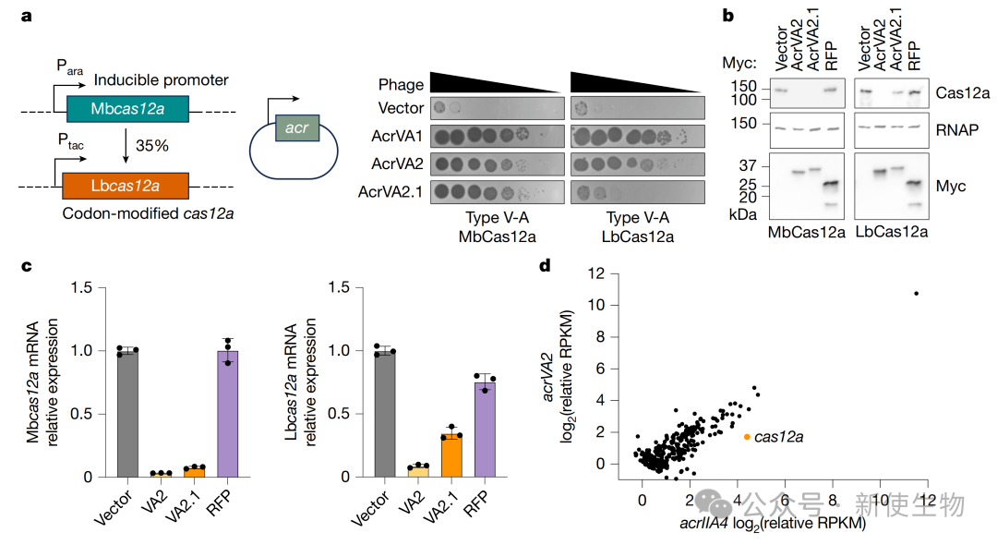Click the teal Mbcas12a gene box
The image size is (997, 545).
pyautogui.click(x=127, y=109)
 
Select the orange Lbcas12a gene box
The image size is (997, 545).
pyautogui.click(x=126, y=186)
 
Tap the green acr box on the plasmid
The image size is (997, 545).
pyautogui.click(x=297, y=127)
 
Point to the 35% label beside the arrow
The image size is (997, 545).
pyautogui.click(x=152, y=146)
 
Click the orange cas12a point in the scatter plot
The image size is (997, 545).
pyautogui.click(x=747, y=437)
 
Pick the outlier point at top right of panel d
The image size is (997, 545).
pyautogui.click(x=917, y=293)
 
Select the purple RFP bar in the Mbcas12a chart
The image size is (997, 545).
pyautogui.click(x=228, y=413)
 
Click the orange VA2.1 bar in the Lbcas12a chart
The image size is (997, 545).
pyautogui.click(x=451, y=456)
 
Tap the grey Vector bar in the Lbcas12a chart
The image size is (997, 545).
pyautogui.click(x=385, y=413)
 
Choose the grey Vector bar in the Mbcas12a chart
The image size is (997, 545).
pyautogui.click(x=127, y=413)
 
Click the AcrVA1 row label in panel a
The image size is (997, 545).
pyautogui.click(x=397, y=136)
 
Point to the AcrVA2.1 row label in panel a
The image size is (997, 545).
pyautogui.click(x=390, y=191)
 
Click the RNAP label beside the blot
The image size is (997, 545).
pyautogui.click(x=957, y=129)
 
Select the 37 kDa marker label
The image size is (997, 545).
pyautogui.click(x=748, y=165)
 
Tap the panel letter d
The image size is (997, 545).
pyautogui.click(x=545, y=266)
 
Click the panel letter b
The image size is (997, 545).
pyautogui.click(x=728, y=15)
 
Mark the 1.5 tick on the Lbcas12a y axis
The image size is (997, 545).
pyautogui.click(x=339, y=287)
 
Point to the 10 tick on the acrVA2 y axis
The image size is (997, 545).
pyautogui.click(x=596, y=305)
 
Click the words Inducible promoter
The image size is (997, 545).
pyautogui.click(x=161, y=80)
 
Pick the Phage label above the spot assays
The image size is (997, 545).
pyautogui.click(x=401, y=85)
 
